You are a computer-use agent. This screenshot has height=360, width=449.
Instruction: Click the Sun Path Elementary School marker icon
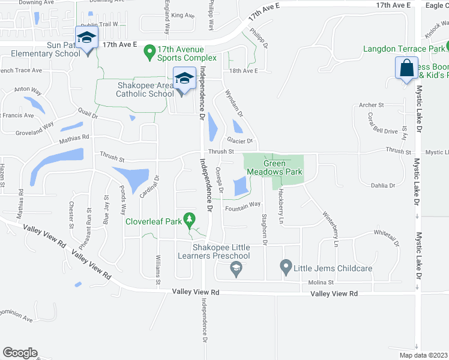coord(87,38)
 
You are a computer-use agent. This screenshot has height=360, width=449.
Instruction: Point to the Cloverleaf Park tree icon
coord(190,220)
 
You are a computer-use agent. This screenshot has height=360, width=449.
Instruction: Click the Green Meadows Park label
coord(282,168)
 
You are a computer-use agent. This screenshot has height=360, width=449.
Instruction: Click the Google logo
coord(20,353)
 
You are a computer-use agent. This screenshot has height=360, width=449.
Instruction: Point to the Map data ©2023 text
coord(423,355)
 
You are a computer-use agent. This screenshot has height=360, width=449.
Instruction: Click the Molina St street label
coord(321,283)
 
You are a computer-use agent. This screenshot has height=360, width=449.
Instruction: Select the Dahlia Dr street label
coord(384,186)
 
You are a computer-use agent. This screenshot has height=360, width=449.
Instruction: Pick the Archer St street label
coord(371,106)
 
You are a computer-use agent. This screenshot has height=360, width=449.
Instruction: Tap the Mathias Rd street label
coord(74,137)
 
